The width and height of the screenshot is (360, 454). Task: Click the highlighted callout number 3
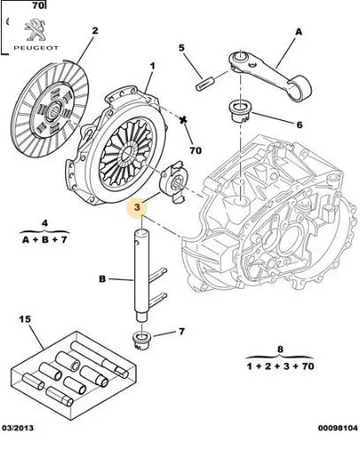click(137, 208)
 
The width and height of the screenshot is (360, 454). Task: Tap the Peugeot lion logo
click(35, 30)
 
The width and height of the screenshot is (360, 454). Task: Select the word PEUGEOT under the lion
click(36, 48)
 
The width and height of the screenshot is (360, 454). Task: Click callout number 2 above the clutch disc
click(94, 31)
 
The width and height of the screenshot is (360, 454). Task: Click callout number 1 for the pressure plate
click(153, 66)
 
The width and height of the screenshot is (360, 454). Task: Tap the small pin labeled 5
click(203, 83)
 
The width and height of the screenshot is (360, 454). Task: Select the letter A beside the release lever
click(298, 32)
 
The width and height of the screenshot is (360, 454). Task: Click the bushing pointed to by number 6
click(240, 111)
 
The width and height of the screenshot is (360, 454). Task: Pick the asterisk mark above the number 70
click(184, 119)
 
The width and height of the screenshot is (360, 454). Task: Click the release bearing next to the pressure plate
click(174, 182)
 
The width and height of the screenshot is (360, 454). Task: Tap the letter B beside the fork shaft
click(102, 279)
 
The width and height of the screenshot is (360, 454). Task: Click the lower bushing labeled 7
click(141, 341)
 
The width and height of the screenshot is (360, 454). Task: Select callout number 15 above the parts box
click(25, 319)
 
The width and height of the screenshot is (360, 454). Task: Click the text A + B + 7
click(44, 239)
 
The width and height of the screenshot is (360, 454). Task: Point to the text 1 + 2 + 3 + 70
click(280, 367)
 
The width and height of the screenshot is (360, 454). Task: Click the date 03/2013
click(18, 428)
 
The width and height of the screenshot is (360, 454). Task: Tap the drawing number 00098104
click(338, 428)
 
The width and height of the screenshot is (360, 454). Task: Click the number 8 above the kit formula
click(280, 350)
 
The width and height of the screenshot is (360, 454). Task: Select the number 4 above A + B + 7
click(44, 223)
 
